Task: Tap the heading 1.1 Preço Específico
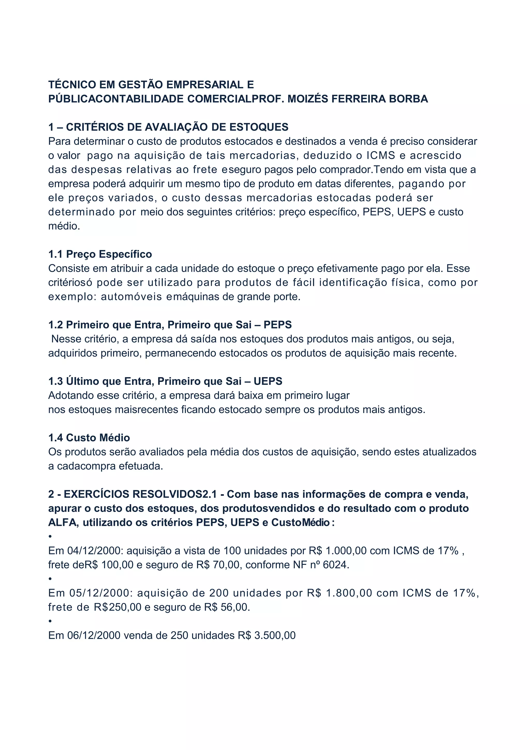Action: pos(100,254)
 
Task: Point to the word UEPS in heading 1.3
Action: pos(268,381)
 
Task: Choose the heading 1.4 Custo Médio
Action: pos(89,437)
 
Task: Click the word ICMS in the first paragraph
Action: pos(381,155)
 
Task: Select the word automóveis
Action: pos(131,297)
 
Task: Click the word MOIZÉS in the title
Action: pos(307,99)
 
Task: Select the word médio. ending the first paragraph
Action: pos(64,226)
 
